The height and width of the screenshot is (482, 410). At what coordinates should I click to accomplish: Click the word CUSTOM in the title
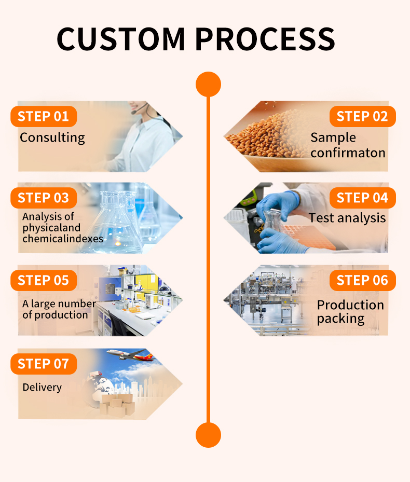click(x=120, y=39)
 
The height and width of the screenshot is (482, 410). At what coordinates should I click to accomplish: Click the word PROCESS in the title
click(x=266, y=39)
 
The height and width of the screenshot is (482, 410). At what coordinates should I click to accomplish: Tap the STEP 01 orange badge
click(x=44, y=116)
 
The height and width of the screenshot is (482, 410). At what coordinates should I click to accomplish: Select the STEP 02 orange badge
click(x=362, y=116)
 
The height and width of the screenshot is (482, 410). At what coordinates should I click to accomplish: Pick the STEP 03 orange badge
click(x=44, y=198)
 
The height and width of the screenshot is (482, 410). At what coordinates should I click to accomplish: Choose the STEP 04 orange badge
click(x=362, y=198)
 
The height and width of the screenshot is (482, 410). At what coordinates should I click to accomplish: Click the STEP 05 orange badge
click(x=44, y=280)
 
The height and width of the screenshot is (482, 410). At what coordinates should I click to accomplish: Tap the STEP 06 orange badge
click(x=362, y=280)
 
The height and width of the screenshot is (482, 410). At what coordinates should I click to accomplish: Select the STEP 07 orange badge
click(x=44, y=364)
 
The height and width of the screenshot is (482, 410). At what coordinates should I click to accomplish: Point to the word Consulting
click(x=52, y=137)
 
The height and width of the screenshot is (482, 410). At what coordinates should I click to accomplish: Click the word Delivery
click(x=42, y=387)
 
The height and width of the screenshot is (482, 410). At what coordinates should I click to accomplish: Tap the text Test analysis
click(x=347, y=218)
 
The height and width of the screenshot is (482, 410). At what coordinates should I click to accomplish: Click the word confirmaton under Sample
click(x=348, y=153)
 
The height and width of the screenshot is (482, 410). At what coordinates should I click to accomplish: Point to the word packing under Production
click(x=340, y=319)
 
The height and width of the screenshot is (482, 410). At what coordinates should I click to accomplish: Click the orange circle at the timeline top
click(x=208, y=84)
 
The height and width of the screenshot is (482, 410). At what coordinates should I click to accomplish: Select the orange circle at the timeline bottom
click(x=208, y=435)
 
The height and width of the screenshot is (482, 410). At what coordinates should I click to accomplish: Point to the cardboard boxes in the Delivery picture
click(x=116, y=403)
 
